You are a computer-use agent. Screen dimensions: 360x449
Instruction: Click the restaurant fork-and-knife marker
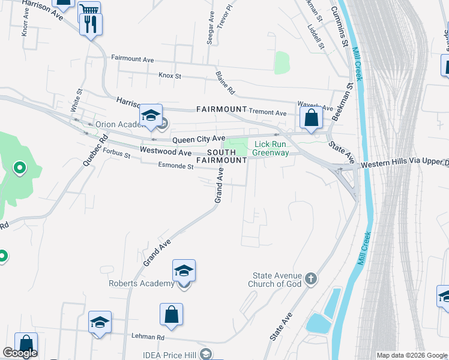pos(91,24)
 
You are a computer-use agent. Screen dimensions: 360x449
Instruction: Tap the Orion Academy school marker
pos(151,116)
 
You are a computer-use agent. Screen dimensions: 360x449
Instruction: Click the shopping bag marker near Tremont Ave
pos(311,117)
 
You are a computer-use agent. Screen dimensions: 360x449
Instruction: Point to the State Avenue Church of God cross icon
pos(310,278)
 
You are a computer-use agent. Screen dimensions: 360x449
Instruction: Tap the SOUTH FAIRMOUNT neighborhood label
pos(221,156)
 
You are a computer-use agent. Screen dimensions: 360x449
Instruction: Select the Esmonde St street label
pos(175,166)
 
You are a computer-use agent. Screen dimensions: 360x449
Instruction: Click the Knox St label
pos(170,76)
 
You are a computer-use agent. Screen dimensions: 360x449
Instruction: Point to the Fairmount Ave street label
pos(133,59)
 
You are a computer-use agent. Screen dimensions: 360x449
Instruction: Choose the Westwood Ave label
pos(157,152)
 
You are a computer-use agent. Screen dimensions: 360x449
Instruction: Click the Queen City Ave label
pos(199,139)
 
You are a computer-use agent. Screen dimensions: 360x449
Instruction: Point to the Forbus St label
pos(117,154)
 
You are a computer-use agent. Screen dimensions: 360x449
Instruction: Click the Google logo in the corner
pos(20,353)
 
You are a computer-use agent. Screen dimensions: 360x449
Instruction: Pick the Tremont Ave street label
pos(268,112)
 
